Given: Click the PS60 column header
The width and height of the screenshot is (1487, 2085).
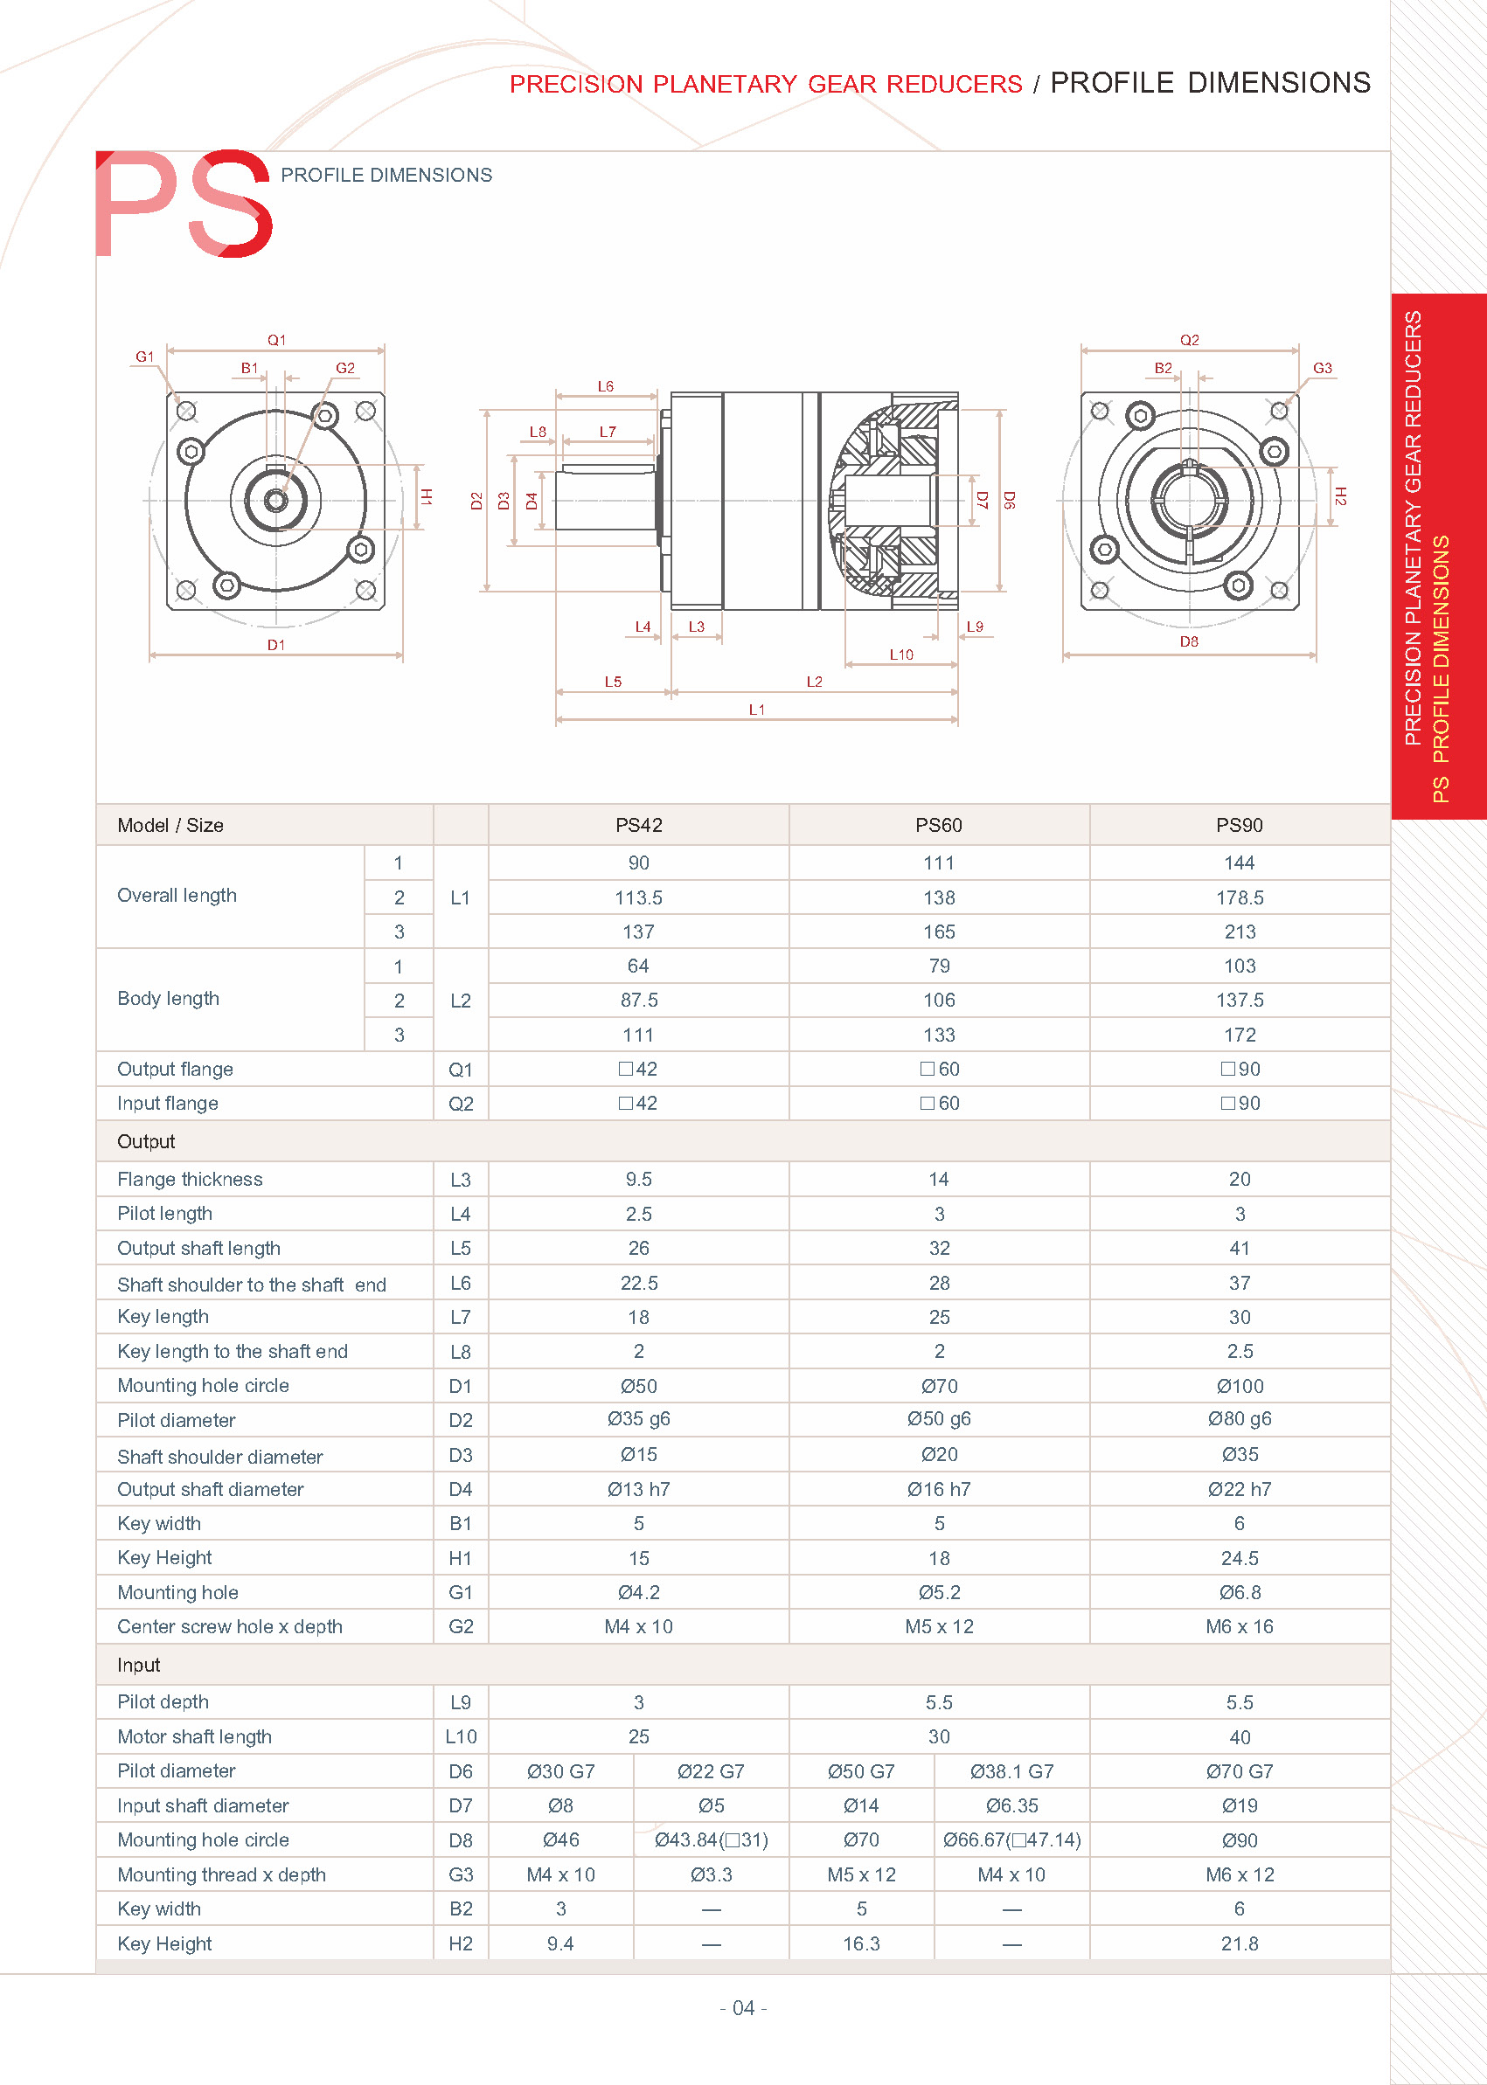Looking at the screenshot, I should click(x=939, y=825).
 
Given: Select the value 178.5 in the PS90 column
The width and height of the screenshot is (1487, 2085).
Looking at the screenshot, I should click(x=1239, y=898).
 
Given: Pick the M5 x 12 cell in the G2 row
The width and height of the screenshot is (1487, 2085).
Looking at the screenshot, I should click(x=939, y=1626).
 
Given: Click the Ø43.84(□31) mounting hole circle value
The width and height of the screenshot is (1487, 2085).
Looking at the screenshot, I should click(x=711, y=1839).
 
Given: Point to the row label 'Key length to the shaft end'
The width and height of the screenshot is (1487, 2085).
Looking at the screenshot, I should click(x=233, y=1351).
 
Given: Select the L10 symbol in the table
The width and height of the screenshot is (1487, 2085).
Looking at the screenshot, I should click(x=461, y=1736).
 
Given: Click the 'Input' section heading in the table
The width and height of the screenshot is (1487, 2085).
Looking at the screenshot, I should click(x=138, y=1665).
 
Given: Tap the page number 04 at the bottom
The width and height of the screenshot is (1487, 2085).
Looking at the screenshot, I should click(x=743, y=2008).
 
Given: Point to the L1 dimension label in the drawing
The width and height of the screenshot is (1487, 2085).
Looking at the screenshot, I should click(x=756, y=710).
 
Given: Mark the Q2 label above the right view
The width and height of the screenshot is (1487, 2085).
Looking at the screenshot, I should click(x=1190, y=340).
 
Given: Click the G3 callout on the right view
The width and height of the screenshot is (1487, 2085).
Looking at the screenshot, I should click(x=1322, y=368).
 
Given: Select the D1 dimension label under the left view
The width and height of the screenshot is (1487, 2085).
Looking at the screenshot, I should click(x=275, y=644).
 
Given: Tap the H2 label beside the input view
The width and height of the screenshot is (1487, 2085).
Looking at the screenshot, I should click(x=1340, y=496).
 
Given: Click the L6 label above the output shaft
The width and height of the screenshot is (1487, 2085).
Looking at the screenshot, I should click(x=605, y=386).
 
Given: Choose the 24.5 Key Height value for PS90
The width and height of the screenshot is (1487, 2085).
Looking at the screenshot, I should click(x=1239, y=1558).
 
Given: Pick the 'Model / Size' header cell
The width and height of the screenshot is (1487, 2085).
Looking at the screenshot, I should click(x=170, y=825).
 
